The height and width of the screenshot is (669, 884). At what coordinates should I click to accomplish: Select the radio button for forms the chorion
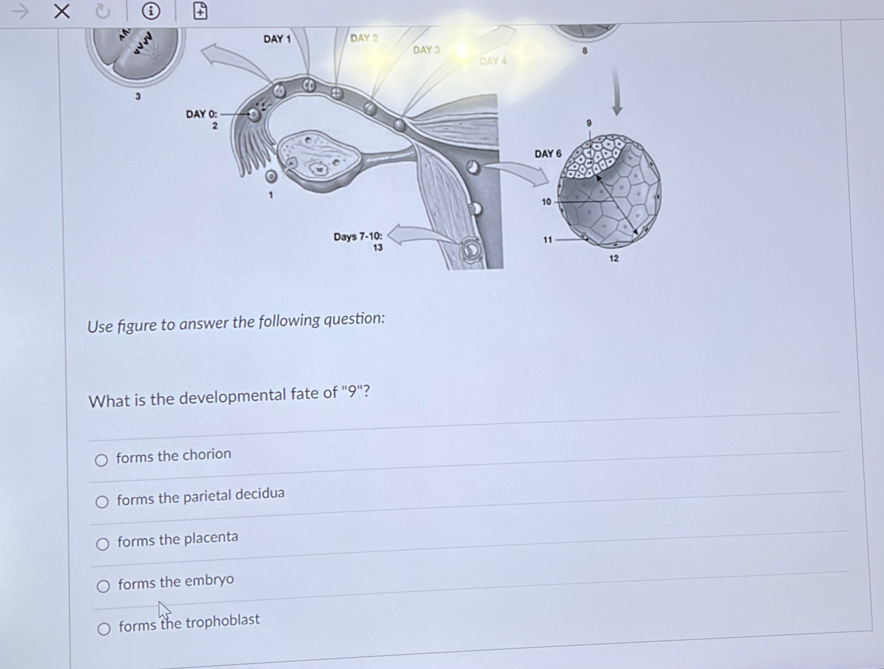click(x=101, y=460)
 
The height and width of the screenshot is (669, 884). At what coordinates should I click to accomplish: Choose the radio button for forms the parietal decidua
click(x=102, y=501)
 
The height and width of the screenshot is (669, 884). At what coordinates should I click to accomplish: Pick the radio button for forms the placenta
click(x=102, y=544)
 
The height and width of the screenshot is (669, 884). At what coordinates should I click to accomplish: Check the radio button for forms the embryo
click(x=103, y=586)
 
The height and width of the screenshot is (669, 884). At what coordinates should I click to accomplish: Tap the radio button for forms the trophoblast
click(x=103, y=629)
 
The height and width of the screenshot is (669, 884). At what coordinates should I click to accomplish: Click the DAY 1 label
click(x=277, y=39)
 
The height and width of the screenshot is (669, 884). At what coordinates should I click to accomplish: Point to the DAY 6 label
click(x=547, y=154)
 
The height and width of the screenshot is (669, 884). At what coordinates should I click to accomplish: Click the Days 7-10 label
click(x=358, y=237)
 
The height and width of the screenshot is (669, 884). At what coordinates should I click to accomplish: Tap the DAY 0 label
click(x=201, y=114)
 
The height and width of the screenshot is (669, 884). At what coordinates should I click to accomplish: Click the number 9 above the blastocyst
click(x=589, y=123)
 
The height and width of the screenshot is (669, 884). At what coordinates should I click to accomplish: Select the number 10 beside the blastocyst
click(x=546, y=202)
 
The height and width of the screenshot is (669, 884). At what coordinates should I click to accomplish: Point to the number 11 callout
click(x=547, y=240)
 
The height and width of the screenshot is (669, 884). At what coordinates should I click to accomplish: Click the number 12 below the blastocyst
click(x=614, y=258)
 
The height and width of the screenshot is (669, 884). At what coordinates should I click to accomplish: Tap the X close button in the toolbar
click(x=62, y=11)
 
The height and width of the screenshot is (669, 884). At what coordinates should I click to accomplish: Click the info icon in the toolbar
click(x=151, y=11)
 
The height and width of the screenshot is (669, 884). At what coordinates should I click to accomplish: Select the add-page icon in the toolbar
click(x=200, y=11)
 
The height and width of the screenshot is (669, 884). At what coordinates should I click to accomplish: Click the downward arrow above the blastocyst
click(x=617, y=92)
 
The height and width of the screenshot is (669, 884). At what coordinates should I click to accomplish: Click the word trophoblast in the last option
click(x=224, y=621)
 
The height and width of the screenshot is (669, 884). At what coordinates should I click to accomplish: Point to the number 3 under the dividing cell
click(x=138, y=96)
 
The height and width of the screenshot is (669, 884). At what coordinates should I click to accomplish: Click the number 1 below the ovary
click(x=271, y=195)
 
